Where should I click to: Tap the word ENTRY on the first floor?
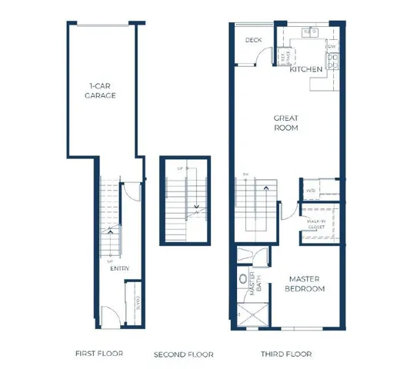coord(118,268)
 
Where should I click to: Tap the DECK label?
coord(254,40)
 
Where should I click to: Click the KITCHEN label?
coord(306,70)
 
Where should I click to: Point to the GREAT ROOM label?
coord(286,123)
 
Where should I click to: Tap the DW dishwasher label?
coord(332,47)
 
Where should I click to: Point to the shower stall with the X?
coord(250,315)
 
